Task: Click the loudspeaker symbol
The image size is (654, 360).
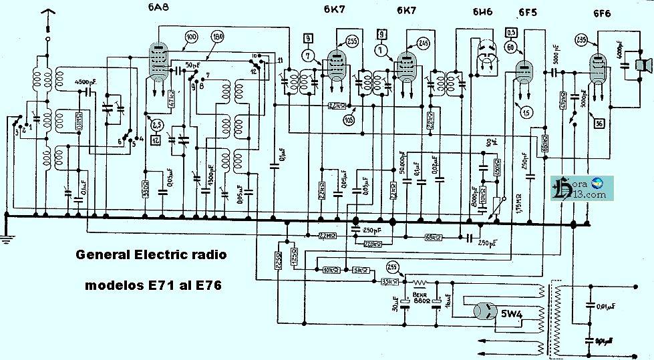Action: pyautogui.click(x=643, y=65)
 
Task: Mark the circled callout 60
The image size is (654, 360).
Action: pyautogui.click(x=510, y=48)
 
